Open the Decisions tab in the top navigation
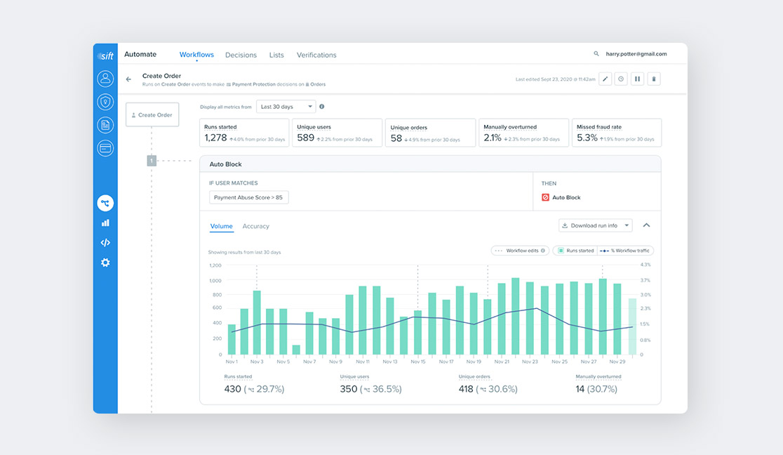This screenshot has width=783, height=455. tap(241, 55)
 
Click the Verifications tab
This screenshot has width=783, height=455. tap(316, 55)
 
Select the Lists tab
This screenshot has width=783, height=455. tap(276, 55)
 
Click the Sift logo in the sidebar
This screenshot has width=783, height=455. tap(105, 55)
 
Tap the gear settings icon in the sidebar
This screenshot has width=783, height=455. tap(105, 263)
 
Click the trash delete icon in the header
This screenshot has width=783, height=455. tap(654, 79)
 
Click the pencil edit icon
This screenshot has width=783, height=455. tap(605, 79)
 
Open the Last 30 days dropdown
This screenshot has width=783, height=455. tap(286, 107)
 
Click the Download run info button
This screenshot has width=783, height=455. tap(595, 225)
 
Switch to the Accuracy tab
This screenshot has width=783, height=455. tap(255, 226)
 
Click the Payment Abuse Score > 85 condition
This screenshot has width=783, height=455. tap(248, 198)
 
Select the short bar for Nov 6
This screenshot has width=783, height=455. tap(296, 350)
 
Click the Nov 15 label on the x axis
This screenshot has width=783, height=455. tap(417, 362)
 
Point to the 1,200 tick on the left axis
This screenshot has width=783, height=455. tap(215, 265)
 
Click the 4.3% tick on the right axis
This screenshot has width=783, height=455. tap(645, 265)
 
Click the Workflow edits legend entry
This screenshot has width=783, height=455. tap(520, 251)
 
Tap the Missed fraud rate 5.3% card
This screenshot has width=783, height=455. tap(616, 133)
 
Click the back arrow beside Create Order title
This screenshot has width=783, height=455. tap(128, 79)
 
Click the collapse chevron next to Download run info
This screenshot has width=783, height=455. tap(646, 225)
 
